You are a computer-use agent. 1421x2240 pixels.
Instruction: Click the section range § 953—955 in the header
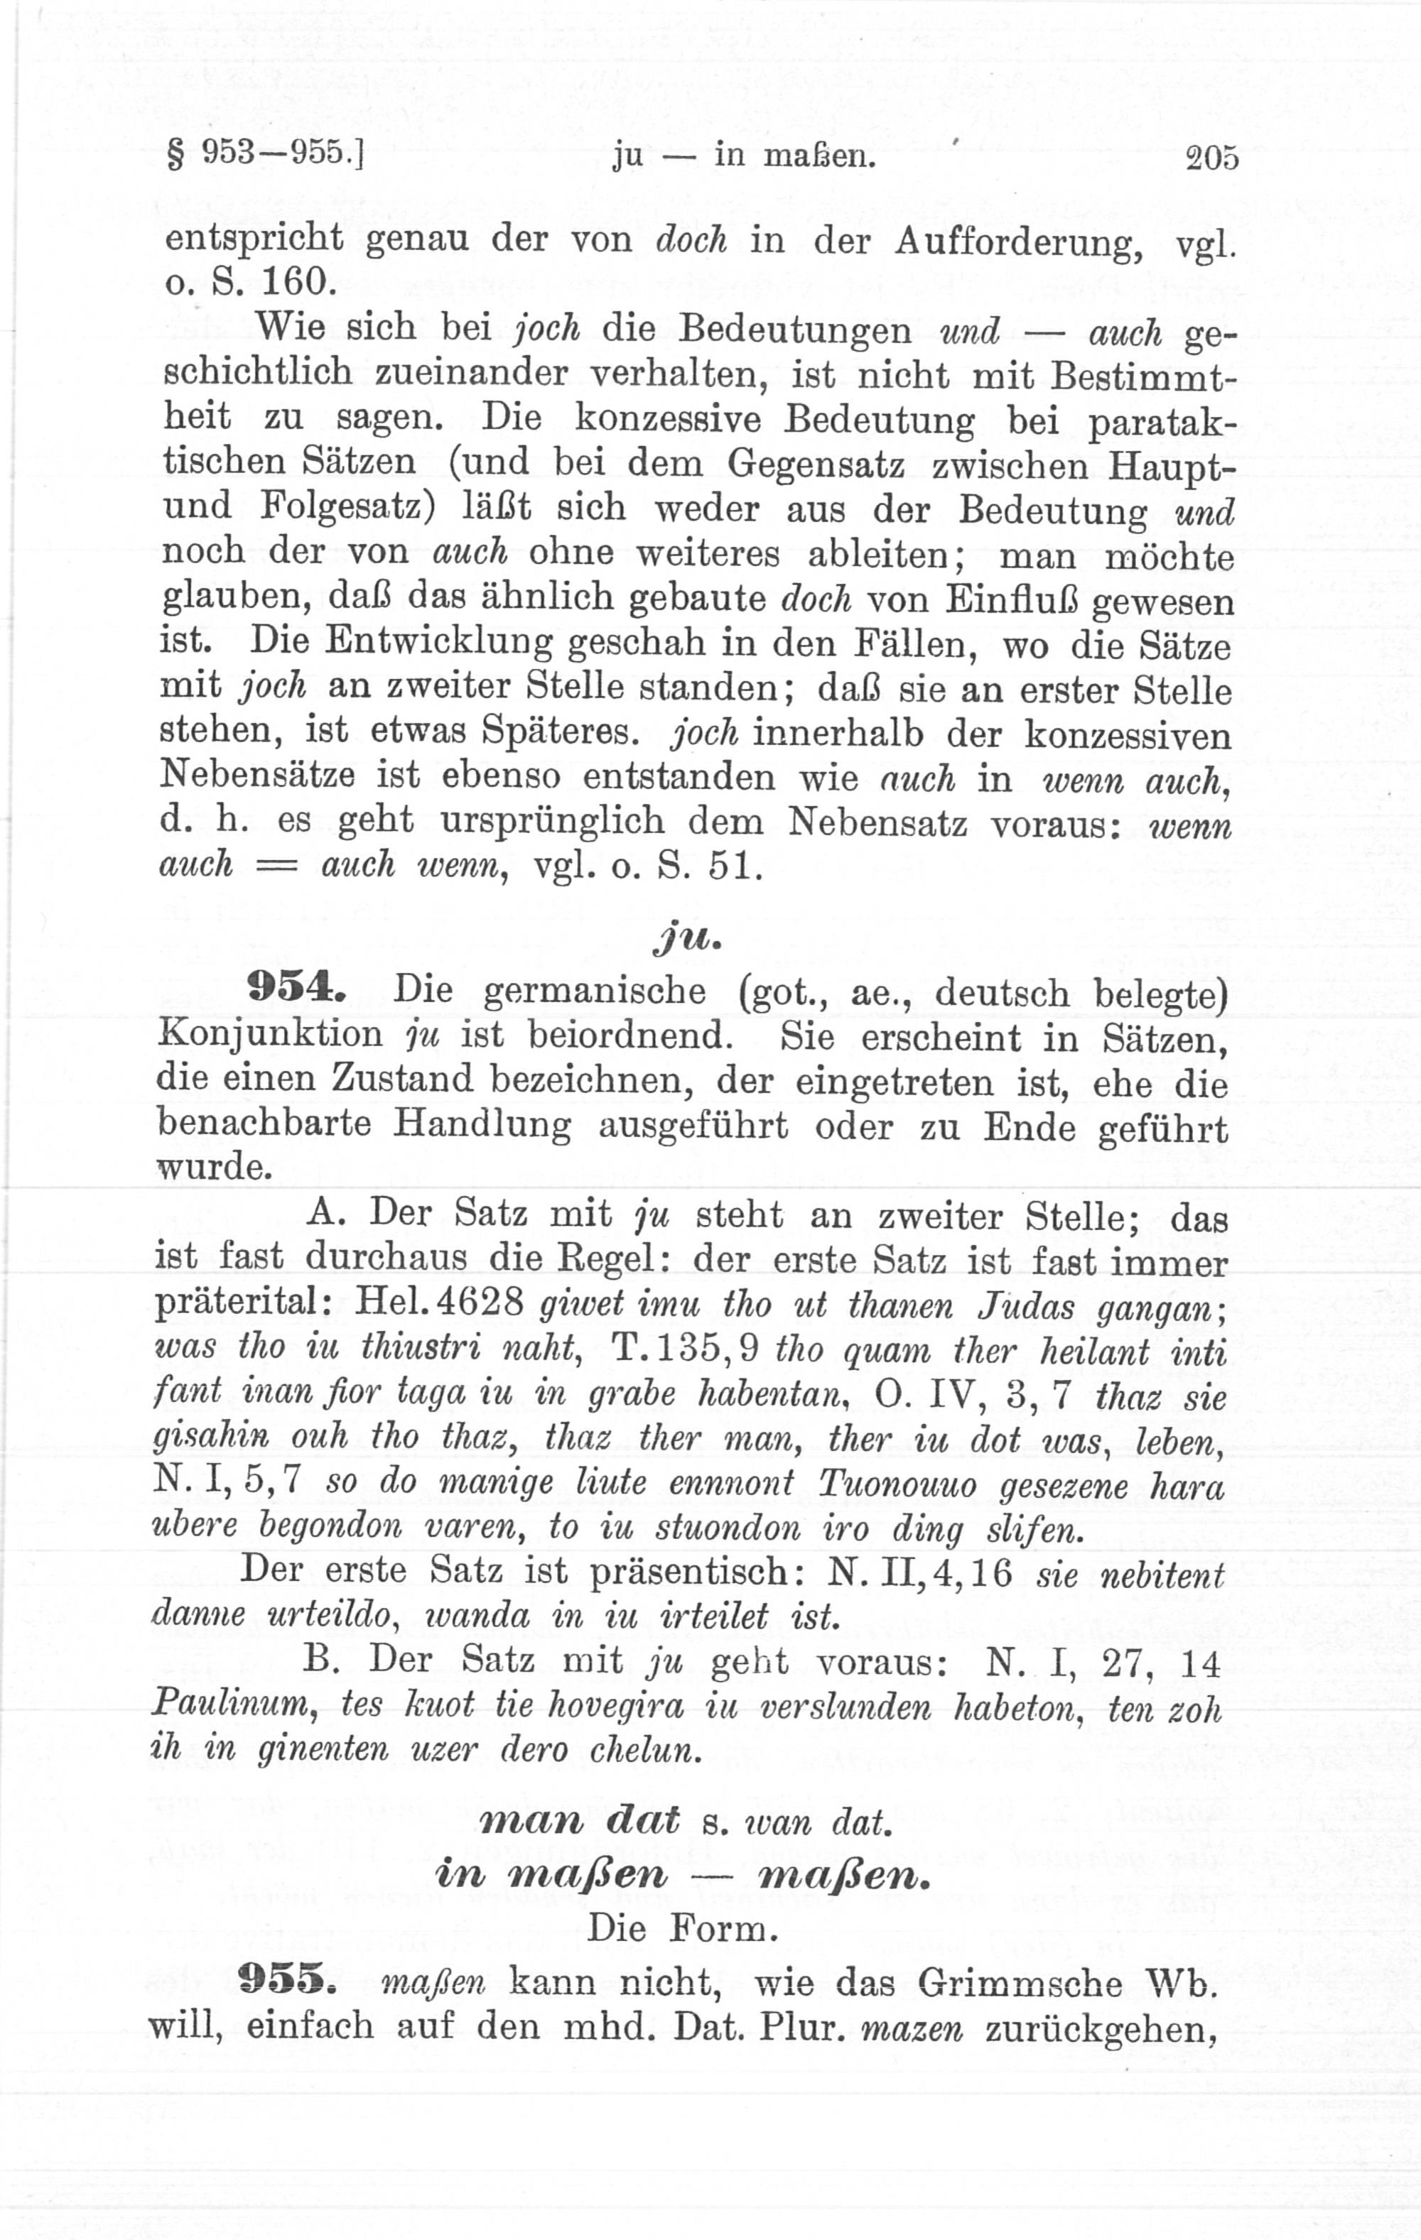point(264,153)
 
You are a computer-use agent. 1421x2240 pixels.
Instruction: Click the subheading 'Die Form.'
point(682,1928)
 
